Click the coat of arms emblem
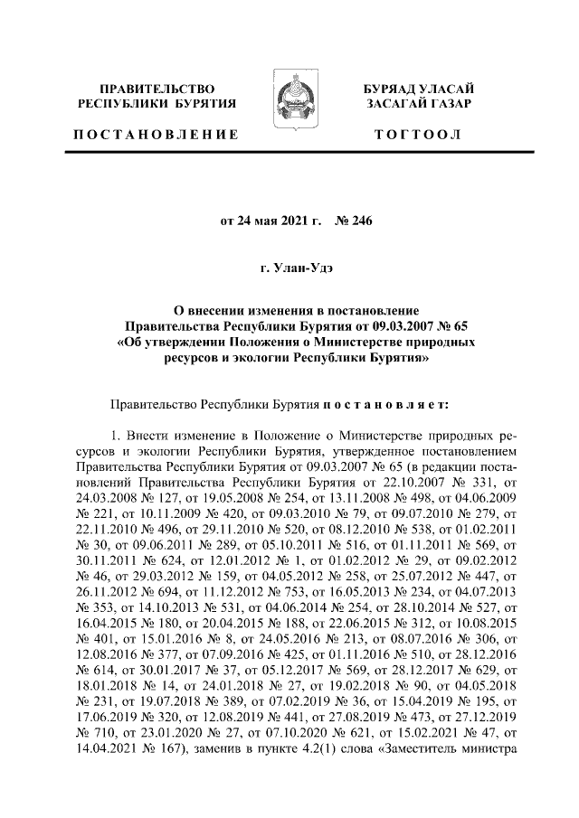coord(289,106)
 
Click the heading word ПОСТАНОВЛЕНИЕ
coord(157,135)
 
